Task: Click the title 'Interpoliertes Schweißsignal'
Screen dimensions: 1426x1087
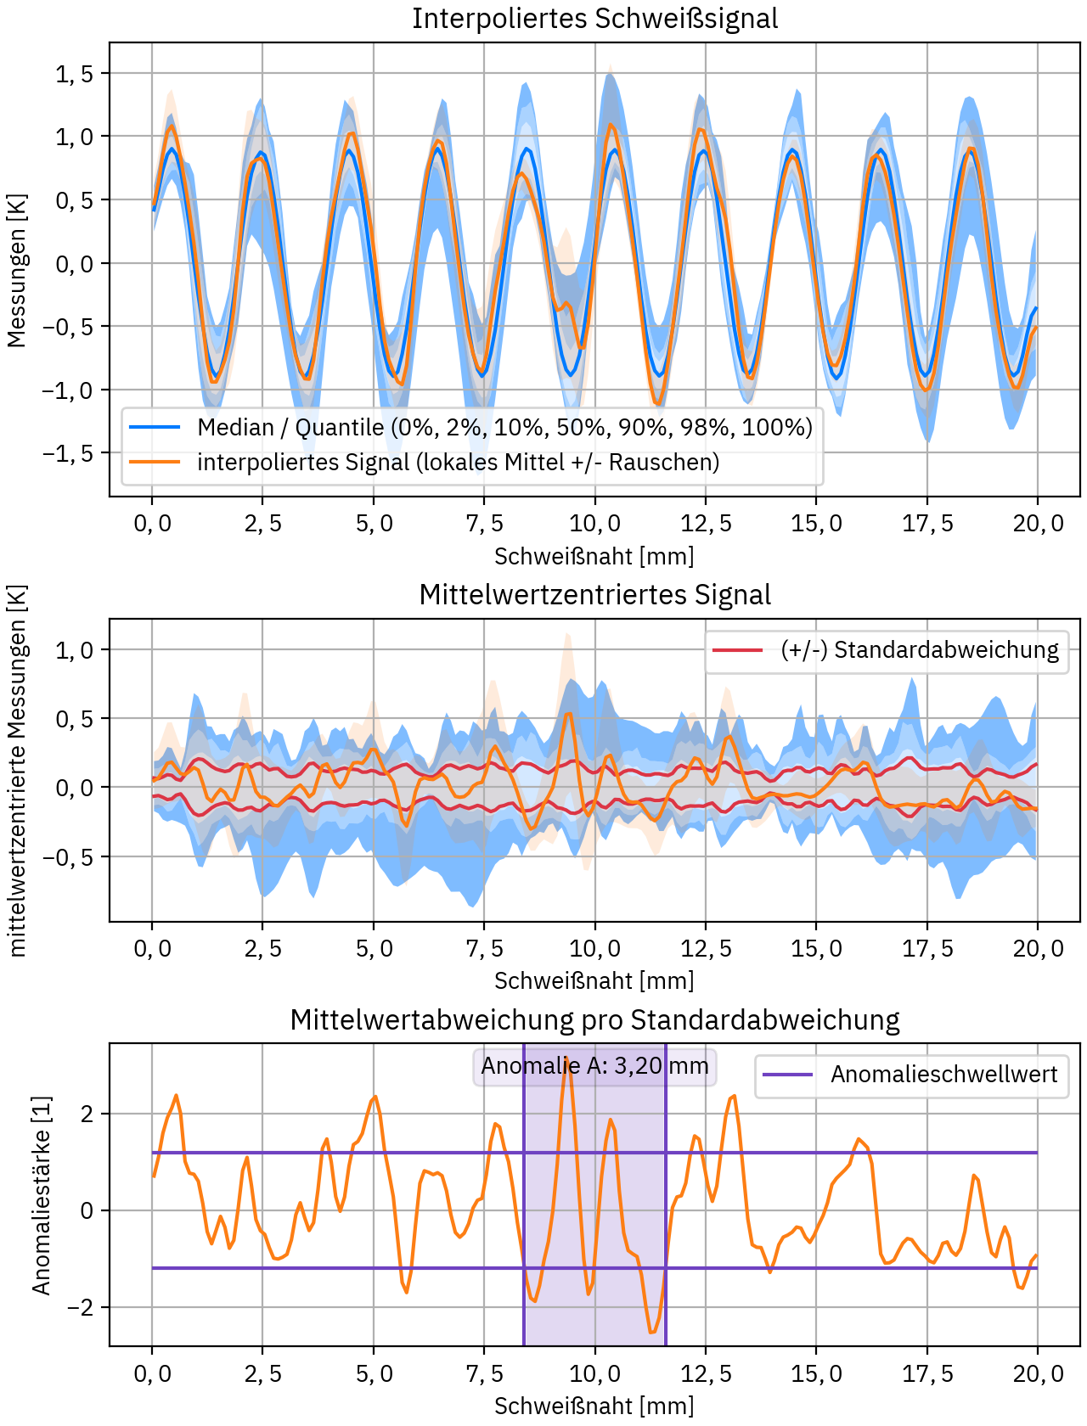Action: (x=594, y=19)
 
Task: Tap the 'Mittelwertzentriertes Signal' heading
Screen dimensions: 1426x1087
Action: (x=594, y=595)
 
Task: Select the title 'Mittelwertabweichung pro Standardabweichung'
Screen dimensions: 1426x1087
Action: (x=594, y=1019)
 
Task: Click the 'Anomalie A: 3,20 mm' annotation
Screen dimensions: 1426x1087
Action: (x=594, y=1066)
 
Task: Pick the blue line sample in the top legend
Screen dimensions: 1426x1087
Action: (x=155, y=427)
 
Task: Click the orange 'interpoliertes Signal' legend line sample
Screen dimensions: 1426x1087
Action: (x=155, y=462)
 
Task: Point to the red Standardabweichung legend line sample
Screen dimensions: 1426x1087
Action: (x=737, y=650)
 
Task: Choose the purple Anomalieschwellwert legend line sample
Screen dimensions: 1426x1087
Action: (x=788, y=1075)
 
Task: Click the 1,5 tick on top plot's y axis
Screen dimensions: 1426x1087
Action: (x=75, y=74)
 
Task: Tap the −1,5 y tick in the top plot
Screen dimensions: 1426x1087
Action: (x=68, y=453)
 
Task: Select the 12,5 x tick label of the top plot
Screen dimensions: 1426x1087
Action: (x=706, y=524)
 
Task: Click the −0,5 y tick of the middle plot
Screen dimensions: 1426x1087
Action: (x=68, y=857)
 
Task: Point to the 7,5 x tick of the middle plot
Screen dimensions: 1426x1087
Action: (x=484, y=948)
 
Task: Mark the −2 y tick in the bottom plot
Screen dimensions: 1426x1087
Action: (x=81, y=1308)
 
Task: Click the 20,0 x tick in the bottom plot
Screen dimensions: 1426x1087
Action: (x=1037, y=1373)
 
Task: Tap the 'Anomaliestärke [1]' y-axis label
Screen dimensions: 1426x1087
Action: (x=42, y=1195)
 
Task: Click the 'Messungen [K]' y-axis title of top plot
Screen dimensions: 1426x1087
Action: (x=16, y=271)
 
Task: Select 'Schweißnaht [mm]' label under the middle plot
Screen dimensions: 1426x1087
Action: (x=594, y=981)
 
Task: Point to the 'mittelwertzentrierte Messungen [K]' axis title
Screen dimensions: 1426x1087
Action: (x=16, y=771)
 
